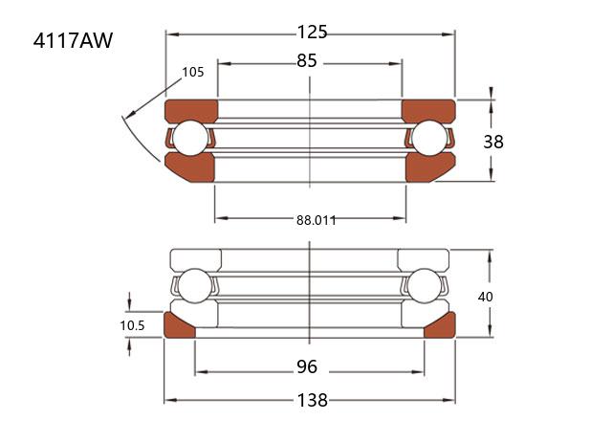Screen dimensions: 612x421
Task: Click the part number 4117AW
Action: (x=73, y=40)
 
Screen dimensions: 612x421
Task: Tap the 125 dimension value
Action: (x=312, y=32)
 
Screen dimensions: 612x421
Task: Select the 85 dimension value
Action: (x=307, y=61)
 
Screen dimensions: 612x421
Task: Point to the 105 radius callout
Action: (x=193, y=73)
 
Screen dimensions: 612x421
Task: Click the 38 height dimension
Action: (x=493, y=142)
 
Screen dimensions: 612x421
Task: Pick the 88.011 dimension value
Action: (x=317, y=220)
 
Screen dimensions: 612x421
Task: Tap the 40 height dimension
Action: (x=485, y=297)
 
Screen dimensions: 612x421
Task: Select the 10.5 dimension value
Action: (x=132, y=325)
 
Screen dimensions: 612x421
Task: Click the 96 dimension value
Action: (x=307, y=366)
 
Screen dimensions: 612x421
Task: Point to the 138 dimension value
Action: (x=313, y=400)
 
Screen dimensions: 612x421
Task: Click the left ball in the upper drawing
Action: (x=190, y=138)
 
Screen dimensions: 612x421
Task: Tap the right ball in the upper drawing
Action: (x=429, y=138)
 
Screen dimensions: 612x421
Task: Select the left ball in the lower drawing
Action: (x=194, y=285)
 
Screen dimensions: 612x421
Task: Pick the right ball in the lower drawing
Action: (x=424, y=285)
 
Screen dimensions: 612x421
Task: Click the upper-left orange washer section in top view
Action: (x=191, y=111)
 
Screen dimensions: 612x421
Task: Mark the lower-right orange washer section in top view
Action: (x=429, y=167)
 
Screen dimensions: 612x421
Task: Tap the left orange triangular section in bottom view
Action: (x=176, y=327)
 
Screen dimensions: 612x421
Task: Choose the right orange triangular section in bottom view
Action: (x=443, y=327)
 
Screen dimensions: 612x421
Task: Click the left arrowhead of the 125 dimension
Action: (x=172, y=34)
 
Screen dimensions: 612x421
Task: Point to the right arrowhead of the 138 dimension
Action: (x=449, y=400)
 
